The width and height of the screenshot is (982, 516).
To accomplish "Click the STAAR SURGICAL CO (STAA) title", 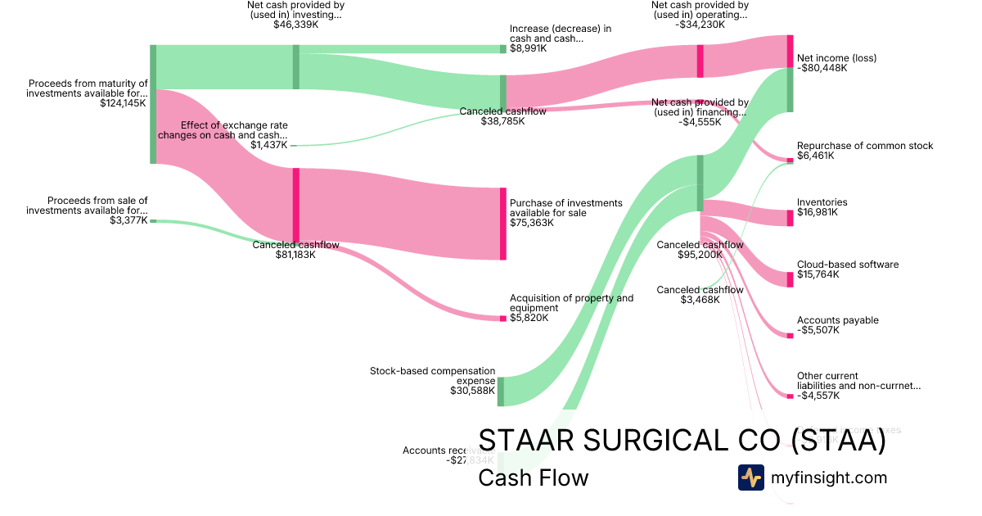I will pyautogui.click(x=682, y=441).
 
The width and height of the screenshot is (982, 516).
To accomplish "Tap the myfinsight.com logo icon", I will pyautogui.click(x=750, y=478).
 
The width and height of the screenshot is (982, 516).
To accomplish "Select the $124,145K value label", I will pyautogui.click(x=123, y=103).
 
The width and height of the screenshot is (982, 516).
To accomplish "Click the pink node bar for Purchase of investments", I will pyautogui.click(x=503, y=224).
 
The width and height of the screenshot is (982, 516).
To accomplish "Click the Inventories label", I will pyautogui.click(x=822, y=202).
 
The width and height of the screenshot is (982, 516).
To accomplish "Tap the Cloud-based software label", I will pyautogui.click(x=848, y=265).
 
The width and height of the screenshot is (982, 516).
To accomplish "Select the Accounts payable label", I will pyautogui.click(x=837, y=320).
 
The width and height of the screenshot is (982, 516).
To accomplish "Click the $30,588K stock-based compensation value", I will pyautogui.click(x=472, y=391).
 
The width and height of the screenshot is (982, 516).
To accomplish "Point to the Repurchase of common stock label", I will pyautogui.click(x=865, y=146).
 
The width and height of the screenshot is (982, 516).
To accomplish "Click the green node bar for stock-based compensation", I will pyautogui.click(x=501, y=392).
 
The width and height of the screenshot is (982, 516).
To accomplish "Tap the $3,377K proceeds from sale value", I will pyautogui.click(x=130, y=220).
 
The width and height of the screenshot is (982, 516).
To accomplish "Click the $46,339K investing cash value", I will pyautogui.click(x=295, y=25).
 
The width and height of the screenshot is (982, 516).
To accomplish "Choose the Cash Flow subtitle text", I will pyautogui.click(x=533, y=478).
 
